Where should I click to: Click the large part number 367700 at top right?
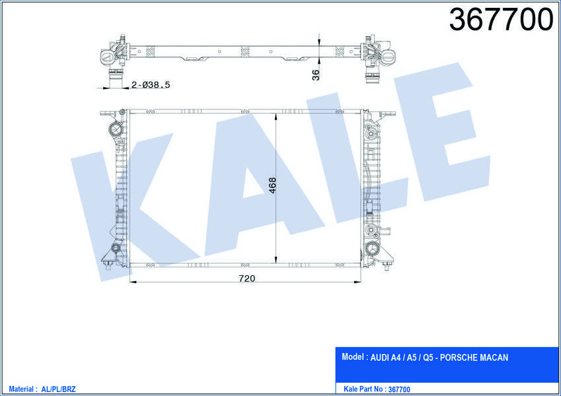click(x=501, y=19)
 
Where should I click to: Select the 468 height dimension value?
click(x=272, y=185)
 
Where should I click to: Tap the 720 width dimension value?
click(x=246, y=278)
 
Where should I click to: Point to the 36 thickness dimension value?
click(x=316, y=75)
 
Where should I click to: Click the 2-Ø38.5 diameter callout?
click(x=151, y=85)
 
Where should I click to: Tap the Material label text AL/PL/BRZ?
click(x=58, y=389)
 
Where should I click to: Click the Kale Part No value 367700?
click(x=399, y=389)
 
